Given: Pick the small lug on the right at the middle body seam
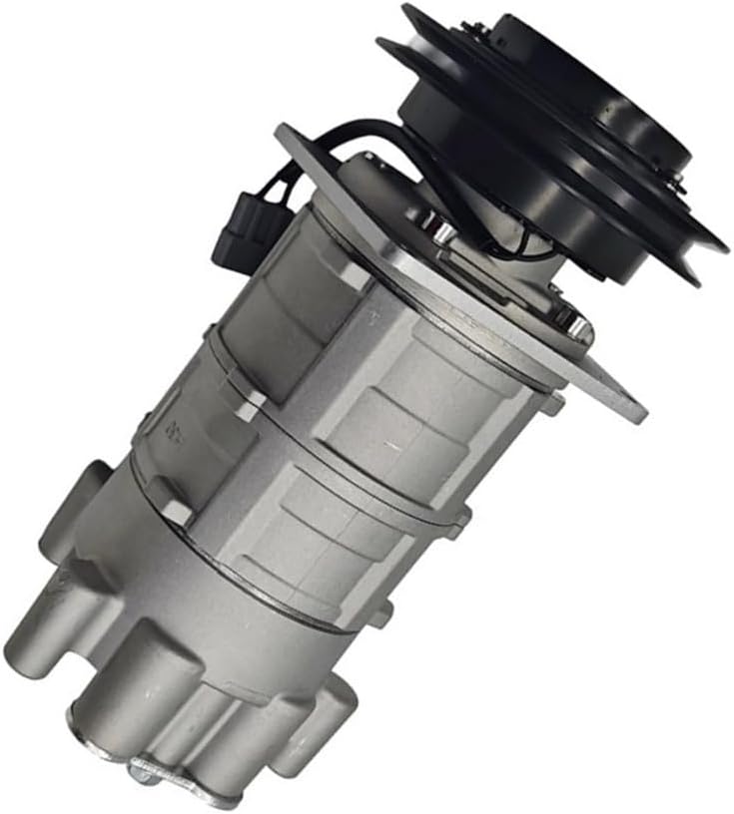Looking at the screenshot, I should pos(460,519).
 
